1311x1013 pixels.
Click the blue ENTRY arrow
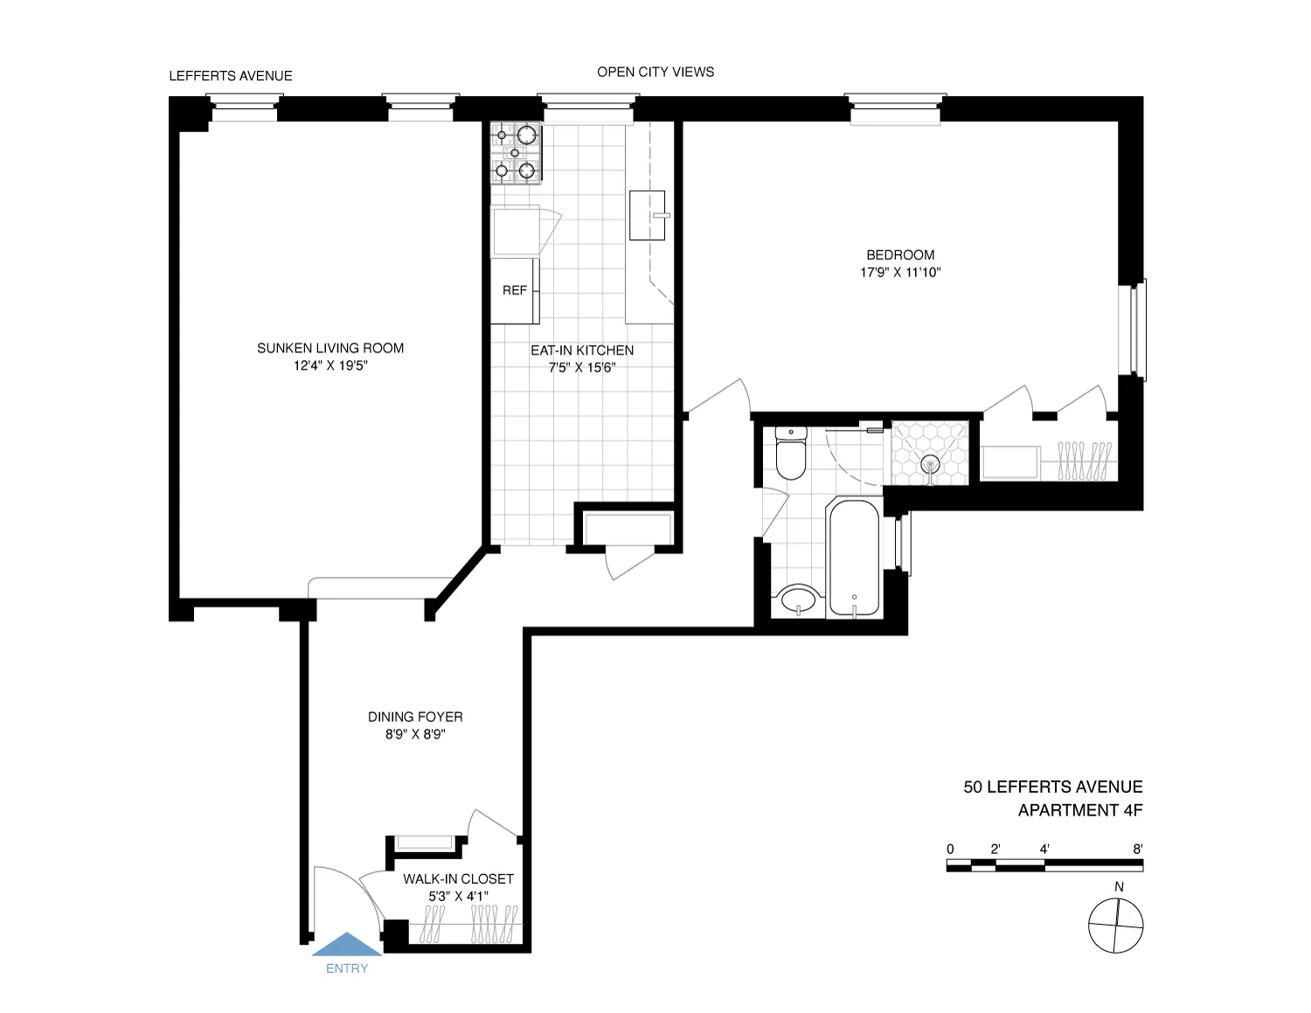point(347,945)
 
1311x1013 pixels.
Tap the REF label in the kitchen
point(514,290)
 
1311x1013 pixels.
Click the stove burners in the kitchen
point(515,153)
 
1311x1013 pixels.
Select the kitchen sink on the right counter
point(648,215)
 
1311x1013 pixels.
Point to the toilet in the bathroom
point(791,454)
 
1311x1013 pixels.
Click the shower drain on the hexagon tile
point(931,463)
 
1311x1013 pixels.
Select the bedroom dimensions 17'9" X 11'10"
point(900,273)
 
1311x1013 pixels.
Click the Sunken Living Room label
point(330,348)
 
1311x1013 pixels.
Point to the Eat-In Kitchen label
point(582,350)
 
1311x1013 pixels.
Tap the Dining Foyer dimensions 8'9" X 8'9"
point(415,735)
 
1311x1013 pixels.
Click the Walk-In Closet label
point(458,879)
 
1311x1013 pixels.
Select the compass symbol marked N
point(1116,926)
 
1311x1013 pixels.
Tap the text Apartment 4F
point(1080,810)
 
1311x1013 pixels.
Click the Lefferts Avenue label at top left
point(231,76)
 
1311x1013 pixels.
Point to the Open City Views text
point(655,72)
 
